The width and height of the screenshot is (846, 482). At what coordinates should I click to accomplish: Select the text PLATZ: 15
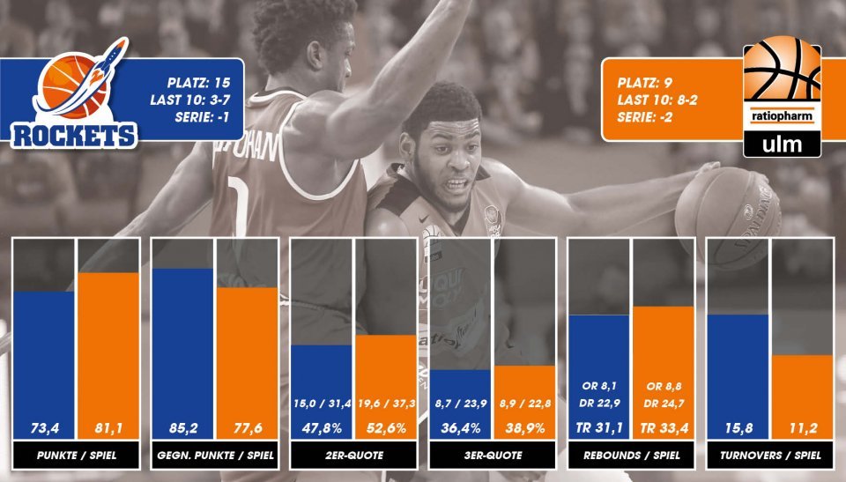click(198, 83)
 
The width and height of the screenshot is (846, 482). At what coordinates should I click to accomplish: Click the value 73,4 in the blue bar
click(45, 428)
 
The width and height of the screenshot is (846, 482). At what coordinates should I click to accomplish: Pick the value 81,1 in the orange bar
click(108, 428)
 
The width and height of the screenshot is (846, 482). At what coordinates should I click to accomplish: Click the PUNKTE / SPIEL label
click(77, 455)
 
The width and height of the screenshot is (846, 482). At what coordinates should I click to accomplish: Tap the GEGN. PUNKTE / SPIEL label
click(215, 455)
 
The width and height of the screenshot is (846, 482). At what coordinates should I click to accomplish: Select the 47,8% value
click(322, 428)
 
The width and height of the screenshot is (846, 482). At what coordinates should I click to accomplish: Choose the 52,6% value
click(386, 428)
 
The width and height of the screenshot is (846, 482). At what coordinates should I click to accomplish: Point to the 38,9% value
click(525, 428)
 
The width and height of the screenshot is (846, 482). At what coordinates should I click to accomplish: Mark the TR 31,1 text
click(599, 428)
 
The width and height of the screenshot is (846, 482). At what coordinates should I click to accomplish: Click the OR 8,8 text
click(664, 387)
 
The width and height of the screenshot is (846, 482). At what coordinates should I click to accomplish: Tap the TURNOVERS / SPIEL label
click(770, 455)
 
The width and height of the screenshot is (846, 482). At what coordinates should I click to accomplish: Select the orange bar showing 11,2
click(803, 397)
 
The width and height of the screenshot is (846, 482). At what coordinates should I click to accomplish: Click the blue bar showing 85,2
click(183, 354)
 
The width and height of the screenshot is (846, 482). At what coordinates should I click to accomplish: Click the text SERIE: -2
click(645, 117)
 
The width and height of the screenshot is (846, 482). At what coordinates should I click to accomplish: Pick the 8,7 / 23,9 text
click(461, 404)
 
